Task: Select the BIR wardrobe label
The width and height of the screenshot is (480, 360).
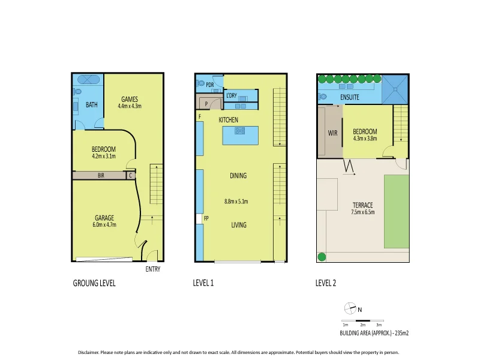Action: point(101,176)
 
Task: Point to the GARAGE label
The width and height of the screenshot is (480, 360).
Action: point(104,218)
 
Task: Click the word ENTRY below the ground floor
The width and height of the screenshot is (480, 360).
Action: point(153,269)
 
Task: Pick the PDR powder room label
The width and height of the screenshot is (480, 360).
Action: point(210,85)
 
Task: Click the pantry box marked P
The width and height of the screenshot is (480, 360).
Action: point(206,104)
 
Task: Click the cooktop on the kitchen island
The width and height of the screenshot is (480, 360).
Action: point(240,130)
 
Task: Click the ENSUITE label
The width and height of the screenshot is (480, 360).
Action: point(350,96)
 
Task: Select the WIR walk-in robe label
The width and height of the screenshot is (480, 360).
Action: point(333,133)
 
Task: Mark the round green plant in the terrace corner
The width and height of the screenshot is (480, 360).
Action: point(322,257)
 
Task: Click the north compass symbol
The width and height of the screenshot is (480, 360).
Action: point(350,309)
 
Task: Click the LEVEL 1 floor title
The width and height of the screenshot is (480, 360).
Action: point(204,283)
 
